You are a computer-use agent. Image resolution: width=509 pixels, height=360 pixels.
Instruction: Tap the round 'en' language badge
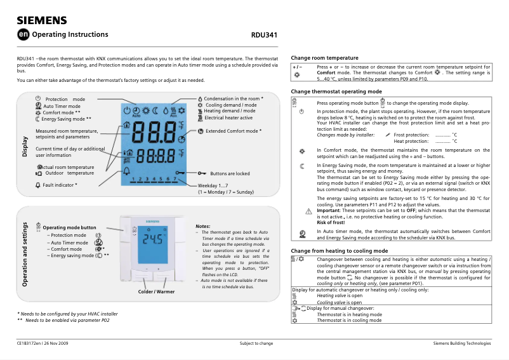click(x=23, y=35)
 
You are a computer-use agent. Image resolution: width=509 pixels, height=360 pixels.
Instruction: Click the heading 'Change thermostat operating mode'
click(x=336, y=91)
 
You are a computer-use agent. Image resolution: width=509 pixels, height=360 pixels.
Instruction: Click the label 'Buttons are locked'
click(x=230, y=173)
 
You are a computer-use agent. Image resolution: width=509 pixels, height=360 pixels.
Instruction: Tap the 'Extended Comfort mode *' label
click(x=234, y=131)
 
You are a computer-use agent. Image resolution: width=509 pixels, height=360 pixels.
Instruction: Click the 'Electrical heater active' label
click(x=228, y=117)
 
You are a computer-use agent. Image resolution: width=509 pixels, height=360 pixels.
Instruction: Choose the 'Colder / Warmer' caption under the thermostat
click(x=156, y=291)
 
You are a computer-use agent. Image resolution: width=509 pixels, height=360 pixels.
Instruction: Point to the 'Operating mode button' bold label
click(x=69, y=227)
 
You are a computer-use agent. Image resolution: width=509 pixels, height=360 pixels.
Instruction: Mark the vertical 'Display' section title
click(x=25, y=147)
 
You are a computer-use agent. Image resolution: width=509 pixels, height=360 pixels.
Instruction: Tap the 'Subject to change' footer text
click(x=256, y=343)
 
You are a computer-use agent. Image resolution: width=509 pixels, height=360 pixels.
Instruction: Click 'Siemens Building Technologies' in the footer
click(x=461, y=343)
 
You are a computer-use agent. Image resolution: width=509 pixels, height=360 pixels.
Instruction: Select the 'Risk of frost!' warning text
click(x=331, y=222)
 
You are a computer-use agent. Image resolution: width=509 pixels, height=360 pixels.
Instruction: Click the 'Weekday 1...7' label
click(x=213, y=185)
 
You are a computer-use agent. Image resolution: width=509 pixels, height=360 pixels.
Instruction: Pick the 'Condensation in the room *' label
click(x=234, y=99)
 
